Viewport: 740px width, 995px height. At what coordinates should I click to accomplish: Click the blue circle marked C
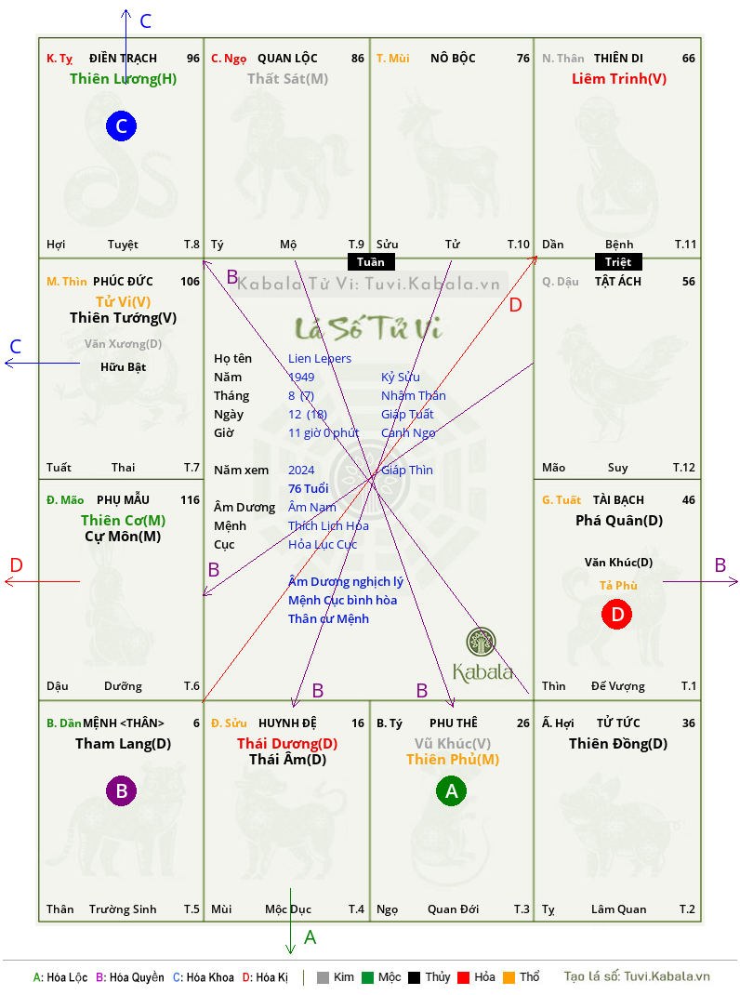[x=121, y=126]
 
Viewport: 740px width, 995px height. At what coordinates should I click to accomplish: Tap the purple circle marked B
[x=121, y=790]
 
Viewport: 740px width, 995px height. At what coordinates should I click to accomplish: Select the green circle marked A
[x=451, y=790]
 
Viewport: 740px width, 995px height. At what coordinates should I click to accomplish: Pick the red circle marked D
[x=617, y=614]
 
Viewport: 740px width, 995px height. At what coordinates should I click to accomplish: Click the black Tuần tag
[x=371, y=262]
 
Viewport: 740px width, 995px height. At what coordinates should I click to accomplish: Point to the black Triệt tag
[x=618, y=262]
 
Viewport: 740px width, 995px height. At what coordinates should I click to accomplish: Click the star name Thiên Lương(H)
[x=123, y=79]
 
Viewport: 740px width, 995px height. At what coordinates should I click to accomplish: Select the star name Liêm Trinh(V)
[x=619, y=79]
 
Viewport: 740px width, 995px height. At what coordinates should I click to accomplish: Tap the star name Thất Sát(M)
[x=287, y=79]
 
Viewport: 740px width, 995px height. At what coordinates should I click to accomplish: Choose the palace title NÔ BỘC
[x=453, y=59]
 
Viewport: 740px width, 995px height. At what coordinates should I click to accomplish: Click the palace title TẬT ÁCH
[x=618, y=281]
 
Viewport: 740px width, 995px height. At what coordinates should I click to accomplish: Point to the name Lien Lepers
[x=320, y=359]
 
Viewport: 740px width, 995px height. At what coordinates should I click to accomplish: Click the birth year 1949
[x=301, y=377]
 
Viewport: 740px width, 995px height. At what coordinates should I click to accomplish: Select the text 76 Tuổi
[x=309, y=488]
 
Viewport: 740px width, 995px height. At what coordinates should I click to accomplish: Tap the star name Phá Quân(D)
[x=619, y=521]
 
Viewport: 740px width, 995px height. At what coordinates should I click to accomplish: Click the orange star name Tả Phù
[x=618, y=585]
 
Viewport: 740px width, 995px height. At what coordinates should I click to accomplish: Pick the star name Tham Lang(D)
[x=123, y=744]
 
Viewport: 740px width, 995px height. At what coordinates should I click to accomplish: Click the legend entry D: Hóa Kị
[x=265, y=977]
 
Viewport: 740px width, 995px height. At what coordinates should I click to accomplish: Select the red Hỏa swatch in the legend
[x=463, y=977]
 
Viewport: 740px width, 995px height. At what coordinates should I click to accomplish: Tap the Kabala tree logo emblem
[x=481, y=642]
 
